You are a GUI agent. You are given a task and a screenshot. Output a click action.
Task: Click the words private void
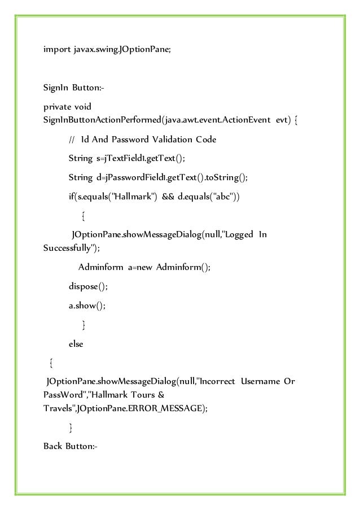click(x=67, y=107)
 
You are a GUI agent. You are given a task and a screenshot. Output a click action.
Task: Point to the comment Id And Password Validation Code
click(x=148, y=140)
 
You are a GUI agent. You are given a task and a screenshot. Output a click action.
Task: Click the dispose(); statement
click(x=87, y=286)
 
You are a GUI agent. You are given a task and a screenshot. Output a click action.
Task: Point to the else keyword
click(x=76, y=344)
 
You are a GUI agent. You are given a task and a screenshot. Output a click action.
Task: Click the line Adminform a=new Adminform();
click(x=144, y=267)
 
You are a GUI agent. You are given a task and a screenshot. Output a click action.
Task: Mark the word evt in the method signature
click(x=283, y=120)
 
